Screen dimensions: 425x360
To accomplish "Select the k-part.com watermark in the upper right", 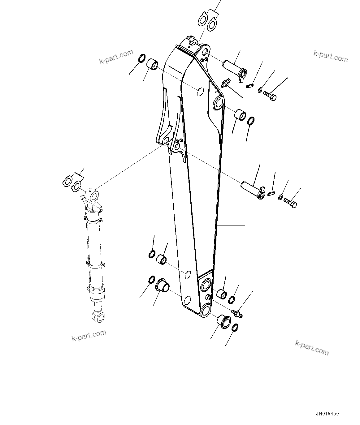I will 330,56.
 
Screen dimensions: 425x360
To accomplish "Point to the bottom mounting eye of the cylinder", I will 98,317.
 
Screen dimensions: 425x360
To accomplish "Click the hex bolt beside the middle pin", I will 290,203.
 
